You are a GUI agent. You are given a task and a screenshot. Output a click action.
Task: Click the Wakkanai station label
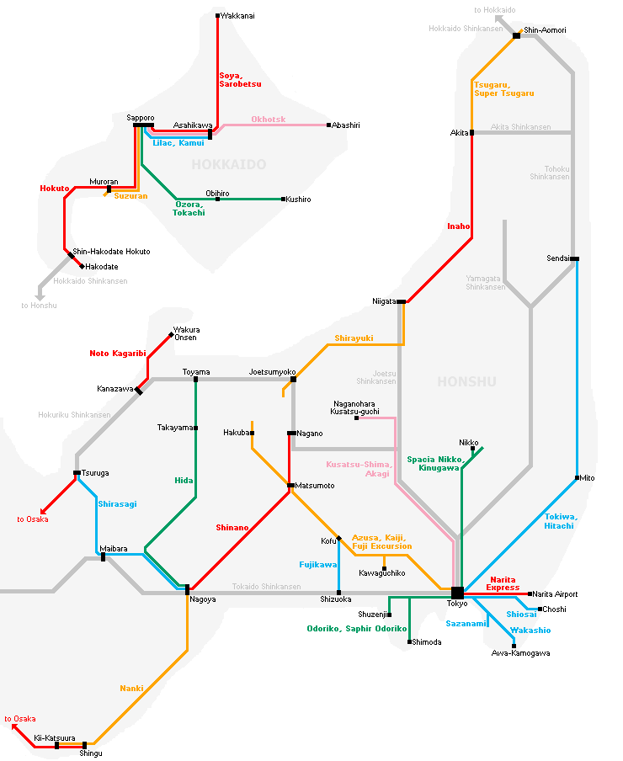click(237, 16)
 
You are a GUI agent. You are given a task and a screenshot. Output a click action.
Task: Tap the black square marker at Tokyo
click(457, 593)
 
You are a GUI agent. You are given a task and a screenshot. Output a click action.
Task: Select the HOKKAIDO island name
click(228, 164)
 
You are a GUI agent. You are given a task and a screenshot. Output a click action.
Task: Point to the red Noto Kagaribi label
click(118, 354)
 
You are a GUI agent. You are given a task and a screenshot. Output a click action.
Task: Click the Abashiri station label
click(345, 125)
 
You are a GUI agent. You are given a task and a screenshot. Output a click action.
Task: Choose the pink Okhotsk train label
click(268, 120)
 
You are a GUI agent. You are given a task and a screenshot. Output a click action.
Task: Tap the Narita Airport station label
click(555, 594)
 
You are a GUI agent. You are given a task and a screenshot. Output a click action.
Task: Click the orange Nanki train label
click(131, 689)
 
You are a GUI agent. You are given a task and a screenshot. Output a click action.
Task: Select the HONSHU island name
click(466, 382)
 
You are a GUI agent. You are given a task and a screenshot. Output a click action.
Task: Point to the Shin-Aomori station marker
click(516, 35)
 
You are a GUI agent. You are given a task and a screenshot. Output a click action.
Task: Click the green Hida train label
click(184, 480)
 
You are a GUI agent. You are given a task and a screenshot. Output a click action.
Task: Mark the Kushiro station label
click(298, 200)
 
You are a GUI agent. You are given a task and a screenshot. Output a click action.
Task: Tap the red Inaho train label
click(458, 226)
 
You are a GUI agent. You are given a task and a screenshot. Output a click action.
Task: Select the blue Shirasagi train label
click(117, 504)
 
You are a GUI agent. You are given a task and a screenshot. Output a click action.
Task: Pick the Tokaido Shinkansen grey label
click(266, 587)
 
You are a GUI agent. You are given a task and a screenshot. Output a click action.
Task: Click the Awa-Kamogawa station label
click(520, 653)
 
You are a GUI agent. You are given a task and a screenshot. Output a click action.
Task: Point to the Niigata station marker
click(402, 301)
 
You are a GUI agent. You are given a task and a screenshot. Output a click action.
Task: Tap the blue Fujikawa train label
click(317, 564)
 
